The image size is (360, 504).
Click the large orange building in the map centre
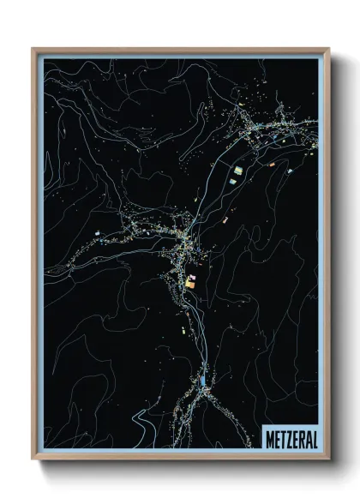pos(191,279)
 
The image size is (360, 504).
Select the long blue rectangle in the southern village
pos(203,379)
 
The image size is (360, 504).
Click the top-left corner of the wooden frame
pos(33,50)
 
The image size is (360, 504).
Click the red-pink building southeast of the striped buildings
pos(225,220)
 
